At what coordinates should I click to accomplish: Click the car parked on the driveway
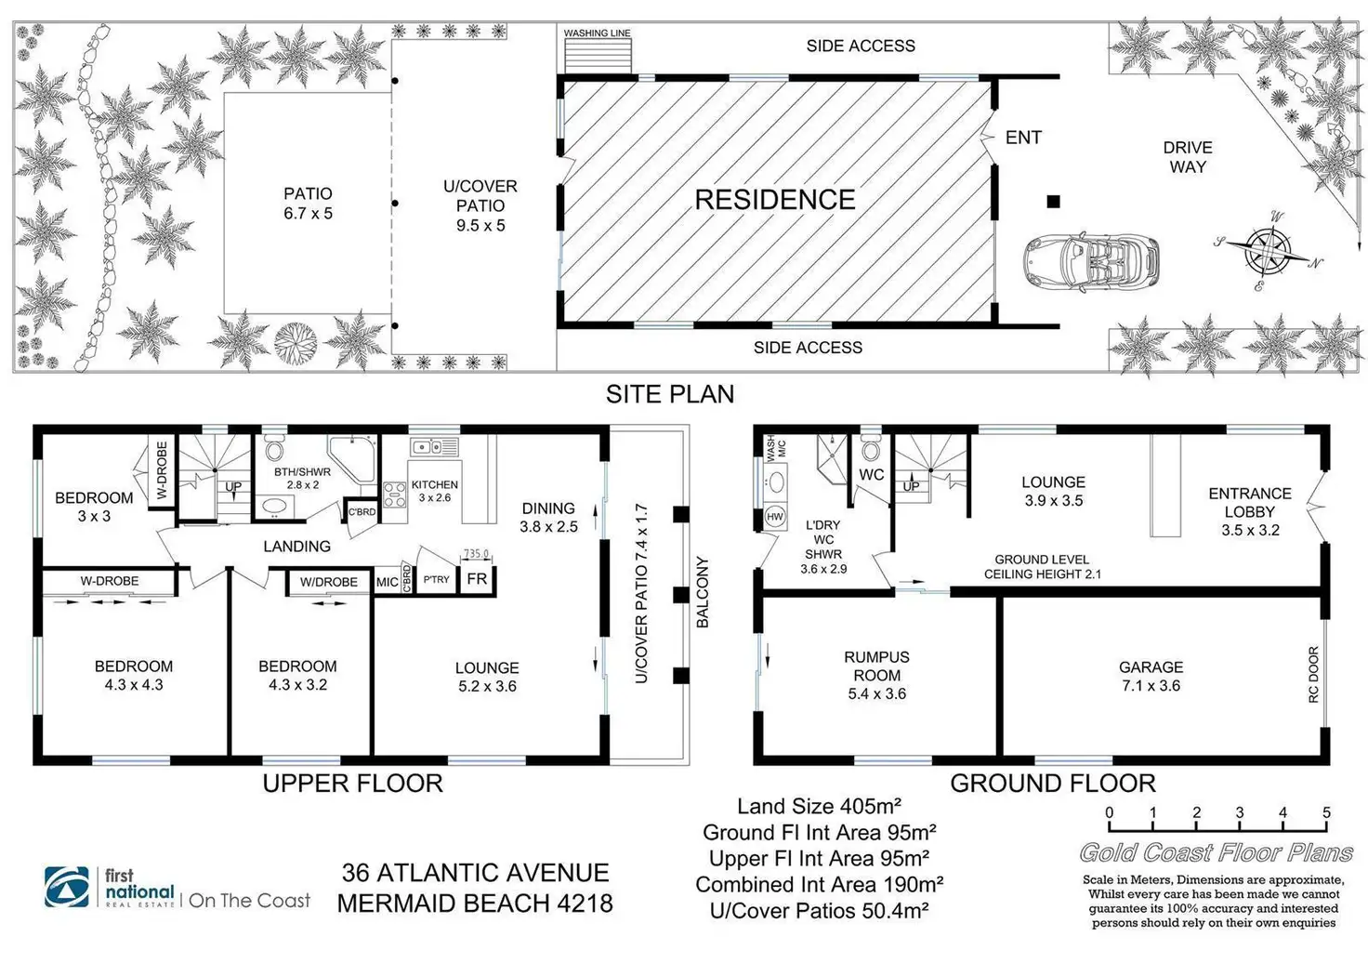(x=1092, y=262)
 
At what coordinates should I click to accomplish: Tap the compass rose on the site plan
(x=1266, y=249)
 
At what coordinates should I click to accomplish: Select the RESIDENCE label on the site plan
(x=775, y=200)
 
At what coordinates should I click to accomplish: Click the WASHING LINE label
(x=597, y=33)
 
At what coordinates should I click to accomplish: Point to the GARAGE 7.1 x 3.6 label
(x=1151, y=676)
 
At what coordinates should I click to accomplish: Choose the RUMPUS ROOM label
(x=876, y=675)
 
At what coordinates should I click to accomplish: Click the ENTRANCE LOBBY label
(x=1250, y=511)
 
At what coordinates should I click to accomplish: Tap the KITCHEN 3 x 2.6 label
(x=435, y=491)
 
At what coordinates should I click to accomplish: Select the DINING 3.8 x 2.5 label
(x=548, y=517)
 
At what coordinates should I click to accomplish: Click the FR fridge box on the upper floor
(x=477, y=579)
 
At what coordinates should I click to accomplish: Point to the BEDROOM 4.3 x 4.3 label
(x=134, y=675)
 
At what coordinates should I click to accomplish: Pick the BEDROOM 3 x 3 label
(x=94, y=507)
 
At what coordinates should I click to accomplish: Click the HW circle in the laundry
(x=774, y=517)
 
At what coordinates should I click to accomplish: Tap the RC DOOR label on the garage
(x=1314, y=674)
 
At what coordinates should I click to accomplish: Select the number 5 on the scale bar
(x=1326, y=812)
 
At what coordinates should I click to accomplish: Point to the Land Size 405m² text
(x=819, y=806)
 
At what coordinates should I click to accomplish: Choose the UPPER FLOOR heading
(x=352, y=783)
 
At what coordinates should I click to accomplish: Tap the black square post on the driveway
(x=1053, y=201)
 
